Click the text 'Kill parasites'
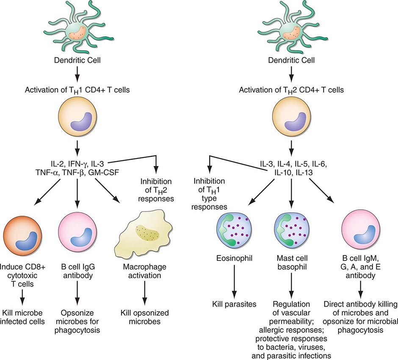click(x=234, y=304)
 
